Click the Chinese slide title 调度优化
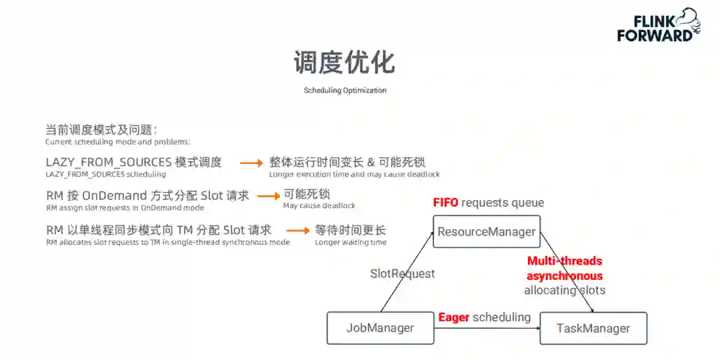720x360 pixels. [x=344, y=62]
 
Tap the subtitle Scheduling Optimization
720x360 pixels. [x=345, y=90]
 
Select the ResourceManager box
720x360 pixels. [x=486, y=232]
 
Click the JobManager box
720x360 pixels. [x=380, y=328]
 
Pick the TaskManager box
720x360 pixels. [x=593, y=328]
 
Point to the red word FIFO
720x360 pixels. [x=445, y=203]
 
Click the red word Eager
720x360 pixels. [x=453, y=317]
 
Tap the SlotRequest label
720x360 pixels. [x=402, y=273]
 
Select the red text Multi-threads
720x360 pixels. [x=564, y=261]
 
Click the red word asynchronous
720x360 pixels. [x=564, y=276]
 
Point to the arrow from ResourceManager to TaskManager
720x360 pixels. [x=567, y=273]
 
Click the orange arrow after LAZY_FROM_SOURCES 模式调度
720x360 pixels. [x=251, y=163]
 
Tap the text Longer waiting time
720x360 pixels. [x=350, y=243]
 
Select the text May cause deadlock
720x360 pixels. [x=319, y=206]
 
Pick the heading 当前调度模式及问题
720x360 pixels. [x=101, y=130]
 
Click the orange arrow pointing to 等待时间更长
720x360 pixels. [x=297, y=231]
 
